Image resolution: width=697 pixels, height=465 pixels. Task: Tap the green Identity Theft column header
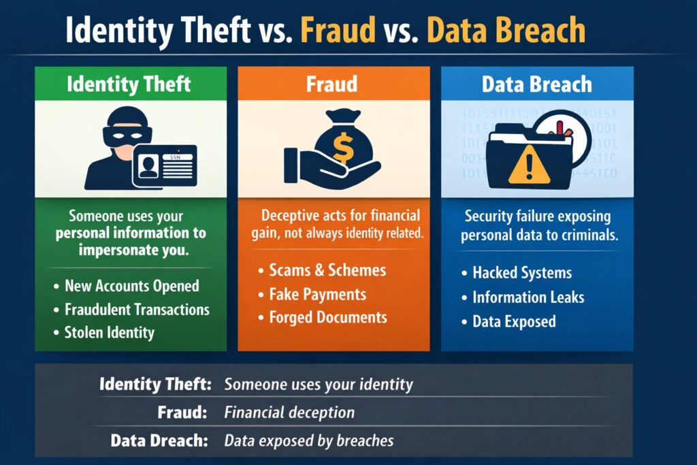point(129,84)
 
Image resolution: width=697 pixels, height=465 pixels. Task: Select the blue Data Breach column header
point(537,84)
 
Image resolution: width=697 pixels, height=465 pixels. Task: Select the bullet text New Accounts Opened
point(131,286)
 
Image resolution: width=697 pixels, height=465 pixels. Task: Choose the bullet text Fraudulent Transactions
point(137,309)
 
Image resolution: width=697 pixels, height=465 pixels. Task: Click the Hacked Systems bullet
point(521,274)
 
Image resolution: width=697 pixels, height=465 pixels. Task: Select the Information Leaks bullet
point(528,297)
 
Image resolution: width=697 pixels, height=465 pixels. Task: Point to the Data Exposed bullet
point(514,321)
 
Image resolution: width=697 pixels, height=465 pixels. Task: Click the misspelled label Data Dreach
point(159,440)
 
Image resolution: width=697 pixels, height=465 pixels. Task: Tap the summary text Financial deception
point(289,413)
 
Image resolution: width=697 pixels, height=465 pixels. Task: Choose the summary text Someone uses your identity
point(319,384)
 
